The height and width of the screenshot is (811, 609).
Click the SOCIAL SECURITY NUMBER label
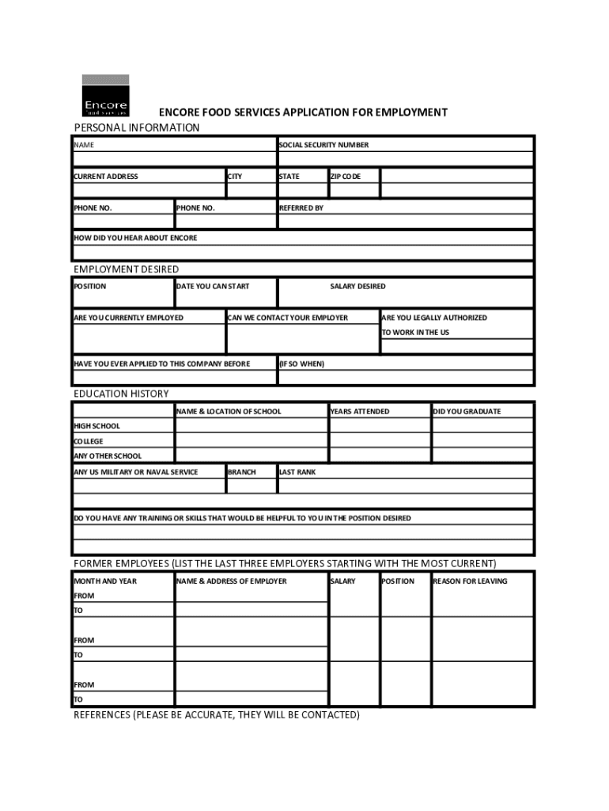coord(323,145)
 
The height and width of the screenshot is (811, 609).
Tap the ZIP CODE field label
coord(345,177)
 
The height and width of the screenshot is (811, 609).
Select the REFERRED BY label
coord(301,208)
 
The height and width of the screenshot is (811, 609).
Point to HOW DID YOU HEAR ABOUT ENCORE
coord(135,238)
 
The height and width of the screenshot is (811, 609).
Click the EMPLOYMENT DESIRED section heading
coord(127,269)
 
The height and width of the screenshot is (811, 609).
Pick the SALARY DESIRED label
coord(357,287)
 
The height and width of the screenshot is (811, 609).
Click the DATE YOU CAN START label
coord(213,287)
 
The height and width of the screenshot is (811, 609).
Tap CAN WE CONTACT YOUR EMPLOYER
coord(288,318)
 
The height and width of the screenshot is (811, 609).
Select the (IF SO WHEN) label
coord(302,364)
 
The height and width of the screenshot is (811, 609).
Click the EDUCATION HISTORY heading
coord(121,394)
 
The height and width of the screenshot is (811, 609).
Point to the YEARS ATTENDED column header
coord(360,412)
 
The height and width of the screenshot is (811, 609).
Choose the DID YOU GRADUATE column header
coord(467,412)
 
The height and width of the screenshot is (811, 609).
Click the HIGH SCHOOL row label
coord(97,426)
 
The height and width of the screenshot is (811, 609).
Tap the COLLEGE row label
coord(89,441)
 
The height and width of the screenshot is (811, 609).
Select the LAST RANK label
coord(297,472)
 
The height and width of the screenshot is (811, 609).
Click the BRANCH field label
coord(242,472)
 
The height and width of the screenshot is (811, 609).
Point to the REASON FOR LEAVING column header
coord(470,581)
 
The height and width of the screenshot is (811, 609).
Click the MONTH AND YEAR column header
coord(105,581)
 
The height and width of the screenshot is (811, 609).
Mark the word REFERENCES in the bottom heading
coord(102,715)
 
